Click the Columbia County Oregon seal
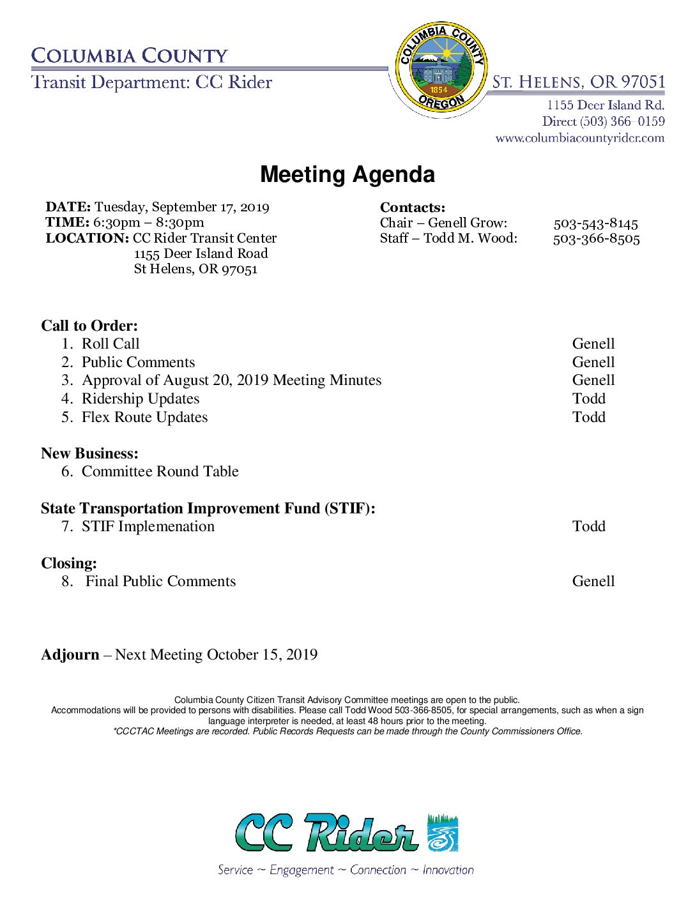(441, 67)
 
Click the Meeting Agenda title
(347, 174)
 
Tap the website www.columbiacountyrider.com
(579, 138)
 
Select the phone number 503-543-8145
(595, 223)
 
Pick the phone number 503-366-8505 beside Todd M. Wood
(596, 239)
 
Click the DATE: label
(68, 207)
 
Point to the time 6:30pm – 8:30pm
(148, 222)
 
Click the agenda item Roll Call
(111, 344)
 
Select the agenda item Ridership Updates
(141, 398)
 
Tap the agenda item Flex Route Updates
(144, 417)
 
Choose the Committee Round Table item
(160, 471)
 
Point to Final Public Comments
(160, 581)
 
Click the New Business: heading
(89, 453)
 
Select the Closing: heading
(69, 563)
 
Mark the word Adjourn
(70, 654)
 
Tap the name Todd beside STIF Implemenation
(588, 526)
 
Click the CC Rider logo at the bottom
(347, 833)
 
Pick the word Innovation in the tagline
(448, 870)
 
